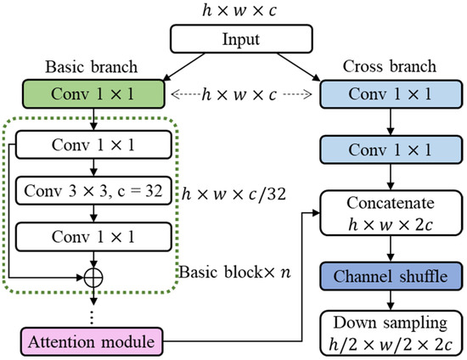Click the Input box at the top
tap(241, 39)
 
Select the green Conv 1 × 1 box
tap(93, 93)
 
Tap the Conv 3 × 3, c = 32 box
tap(93, 190)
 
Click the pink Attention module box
tap(92, 341)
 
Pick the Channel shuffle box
tap(391, 276)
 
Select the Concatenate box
tap(391, 213)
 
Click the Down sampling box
tap(391, 333)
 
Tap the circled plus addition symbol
tap(93, 278)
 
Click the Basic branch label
tap(92, 67)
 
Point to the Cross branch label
tap(390, 66)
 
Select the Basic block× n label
tap(234, 272)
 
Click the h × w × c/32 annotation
tap(233, 194)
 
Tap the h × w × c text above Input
tap(239, 11)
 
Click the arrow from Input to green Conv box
tap(184, 67)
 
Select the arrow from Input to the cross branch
tap(299, 67)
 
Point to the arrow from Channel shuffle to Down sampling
tap(391, 301)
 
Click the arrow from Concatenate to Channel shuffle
tap(391, 249)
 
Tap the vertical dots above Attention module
tap(92, 318)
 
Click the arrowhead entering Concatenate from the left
tap(316, 212)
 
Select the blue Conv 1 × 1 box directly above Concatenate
tap(391, 149)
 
